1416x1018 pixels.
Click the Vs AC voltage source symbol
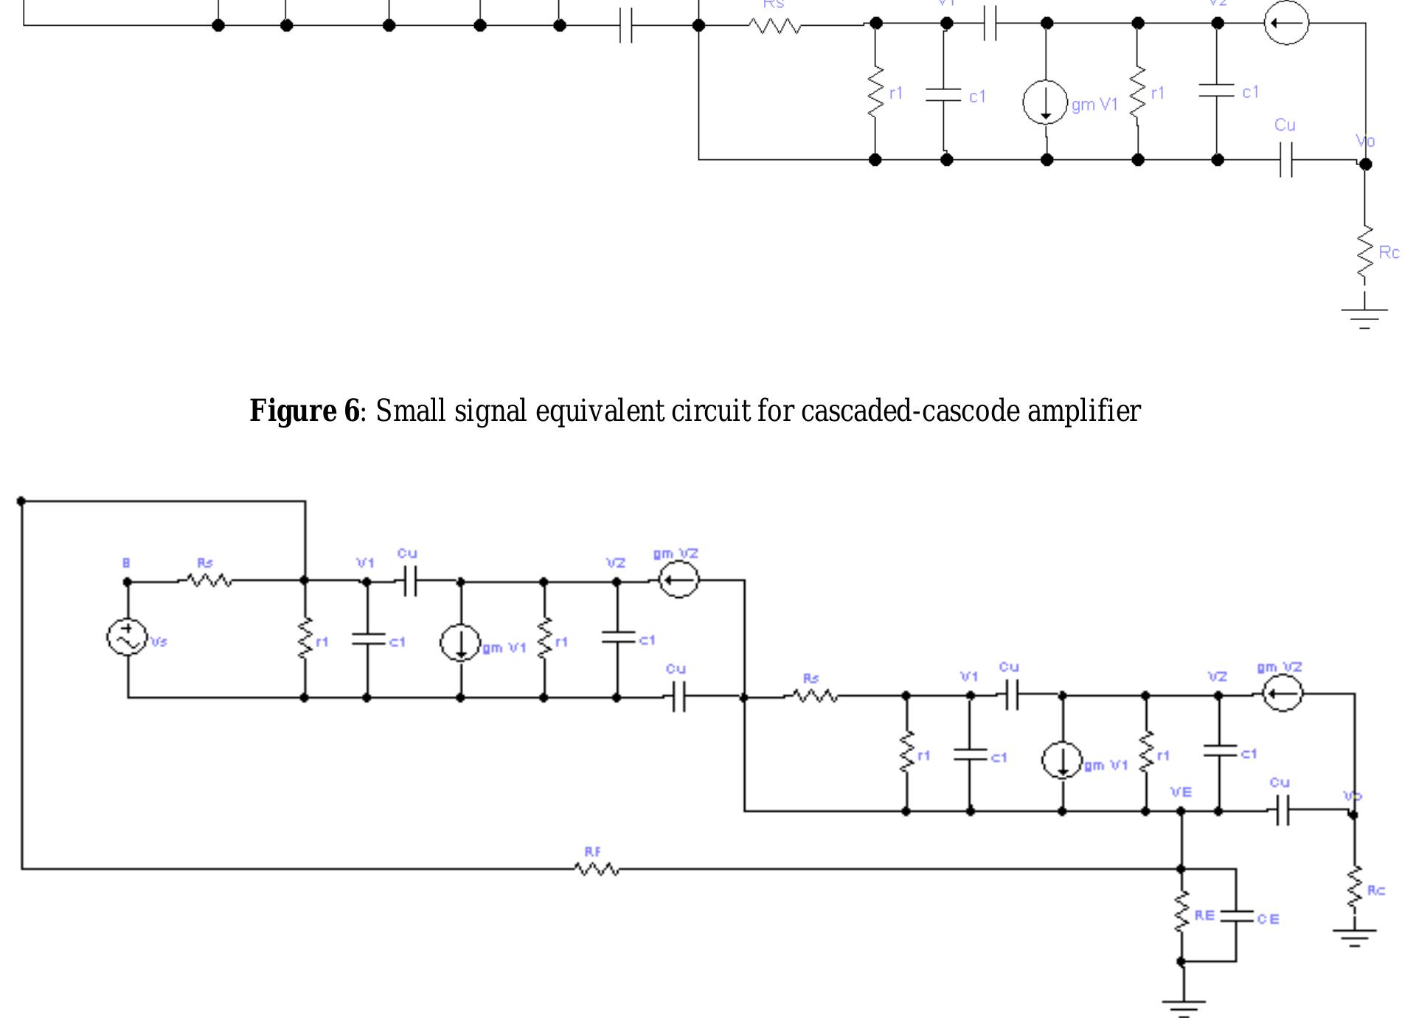point(127,638)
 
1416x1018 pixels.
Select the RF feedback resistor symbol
point(597,870)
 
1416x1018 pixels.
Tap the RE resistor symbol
point(1181,913)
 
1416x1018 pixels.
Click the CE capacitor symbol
point(1237,916)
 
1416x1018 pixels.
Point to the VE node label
point(1181,792)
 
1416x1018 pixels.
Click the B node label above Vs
point(126,563)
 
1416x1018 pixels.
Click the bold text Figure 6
point(304,411)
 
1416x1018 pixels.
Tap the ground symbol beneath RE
point(1183,1006)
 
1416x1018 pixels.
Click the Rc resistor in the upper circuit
point(1365,253)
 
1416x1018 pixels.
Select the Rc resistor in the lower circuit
point(1355,888)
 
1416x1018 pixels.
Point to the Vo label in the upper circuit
point(1364,142)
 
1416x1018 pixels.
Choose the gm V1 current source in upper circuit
point(1045,102)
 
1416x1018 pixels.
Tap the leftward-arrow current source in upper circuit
point(1286,23)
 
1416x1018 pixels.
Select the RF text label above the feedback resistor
point(592,852)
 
